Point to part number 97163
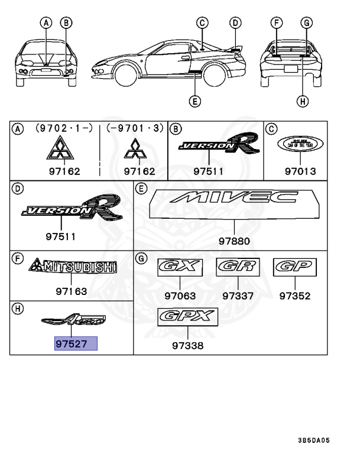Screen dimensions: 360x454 coord(72,291)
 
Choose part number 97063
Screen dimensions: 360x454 coord(180,296)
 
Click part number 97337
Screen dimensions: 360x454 coord(238,296)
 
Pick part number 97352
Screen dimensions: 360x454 coord(295,296)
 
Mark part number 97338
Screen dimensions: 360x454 coord(188,345)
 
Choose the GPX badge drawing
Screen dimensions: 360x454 coord(187,317)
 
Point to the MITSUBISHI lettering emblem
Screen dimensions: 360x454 coord(73,267)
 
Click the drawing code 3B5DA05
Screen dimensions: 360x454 coord(322,440)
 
